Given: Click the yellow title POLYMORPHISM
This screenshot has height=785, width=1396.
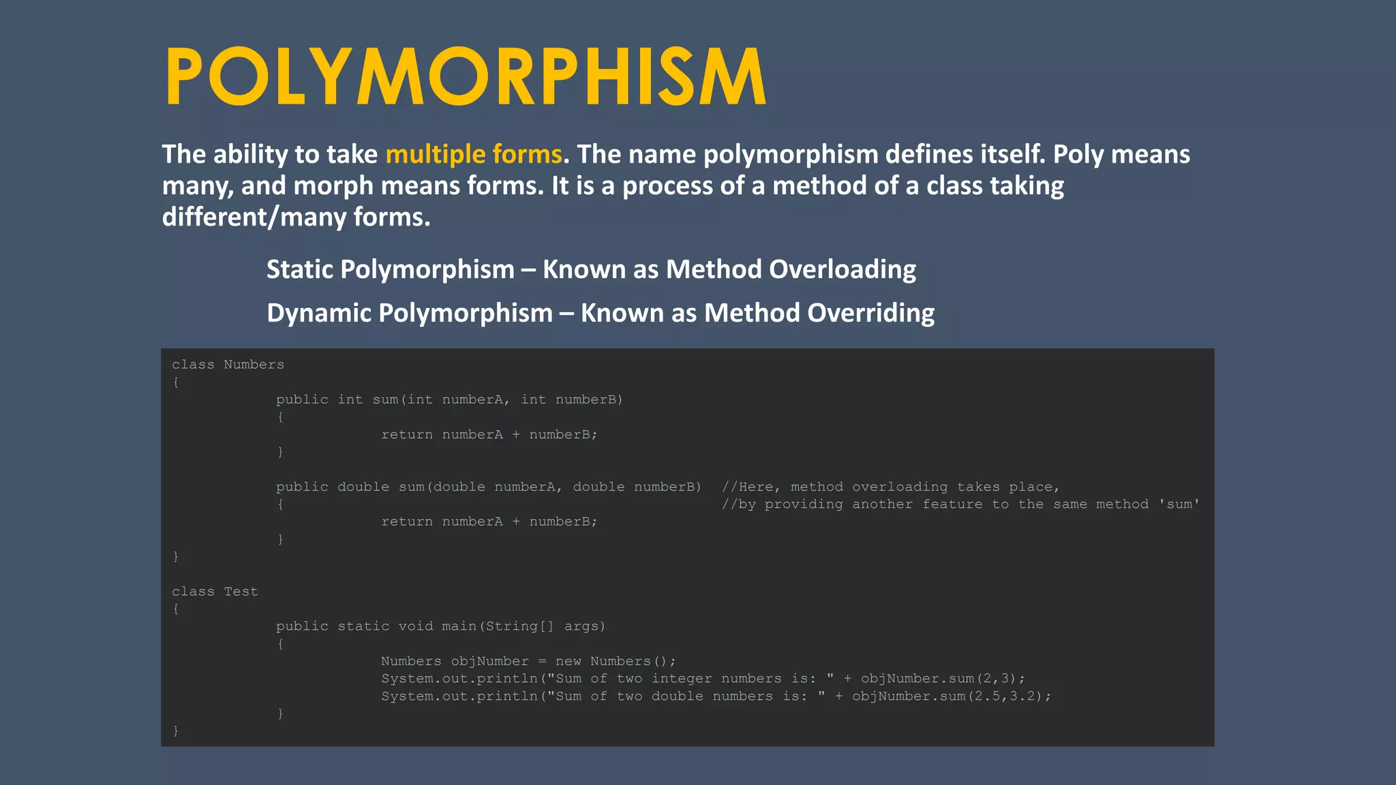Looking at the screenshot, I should (466, 76).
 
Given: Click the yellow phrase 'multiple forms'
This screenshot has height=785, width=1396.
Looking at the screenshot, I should (474, 155).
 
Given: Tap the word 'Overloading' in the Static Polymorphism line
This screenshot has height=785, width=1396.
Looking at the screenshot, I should (843, 270).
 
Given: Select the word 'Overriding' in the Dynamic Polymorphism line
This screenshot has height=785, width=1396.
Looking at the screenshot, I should (871, 313).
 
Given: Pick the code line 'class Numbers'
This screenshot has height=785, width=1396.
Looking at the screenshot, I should (228, 365).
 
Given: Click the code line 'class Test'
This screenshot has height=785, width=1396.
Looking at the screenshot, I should (215, 591).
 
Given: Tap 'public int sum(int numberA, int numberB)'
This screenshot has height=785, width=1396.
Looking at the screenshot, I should (449, 400).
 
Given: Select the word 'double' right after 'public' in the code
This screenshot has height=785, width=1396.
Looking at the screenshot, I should (363, 487).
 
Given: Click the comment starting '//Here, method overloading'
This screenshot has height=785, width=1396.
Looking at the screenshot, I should (890, 487).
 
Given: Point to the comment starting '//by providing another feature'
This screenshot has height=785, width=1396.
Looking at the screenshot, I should (960, 504).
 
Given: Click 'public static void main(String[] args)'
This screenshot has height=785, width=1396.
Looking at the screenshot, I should (440, 626).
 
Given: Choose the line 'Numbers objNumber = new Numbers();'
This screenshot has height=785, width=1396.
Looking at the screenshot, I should (528, 661).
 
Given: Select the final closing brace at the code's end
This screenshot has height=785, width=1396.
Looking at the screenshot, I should (176, 730).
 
